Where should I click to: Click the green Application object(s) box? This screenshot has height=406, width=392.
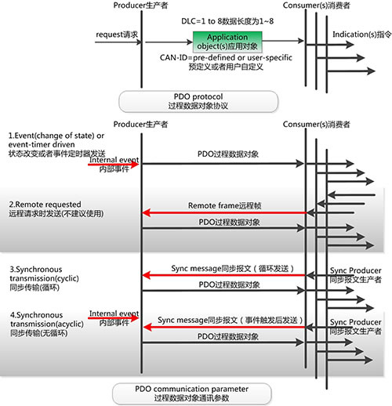click(227, 42)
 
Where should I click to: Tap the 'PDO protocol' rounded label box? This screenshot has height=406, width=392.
click(198, 101)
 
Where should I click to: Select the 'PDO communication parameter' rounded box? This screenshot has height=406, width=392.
click(192, 393)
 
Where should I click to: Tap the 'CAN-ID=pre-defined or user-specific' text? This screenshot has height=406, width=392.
click(226, 57)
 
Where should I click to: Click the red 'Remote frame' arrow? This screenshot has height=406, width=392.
click(224, 212)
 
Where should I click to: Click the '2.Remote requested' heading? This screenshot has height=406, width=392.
click(45, 205)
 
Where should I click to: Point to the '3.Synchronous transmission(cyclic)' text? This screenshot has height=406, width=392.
click(44, 274)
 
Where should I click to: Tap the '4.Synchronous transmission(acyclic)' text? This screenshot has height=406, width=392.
click(47, 320)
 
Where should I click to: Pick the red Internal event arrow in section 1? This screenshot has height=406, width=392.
click(114, 165)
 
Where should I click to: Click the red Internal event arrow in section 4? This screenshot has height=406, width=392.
click(114, 318)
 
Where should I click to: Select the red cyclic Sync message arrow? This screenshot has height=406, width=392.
click(224, 275)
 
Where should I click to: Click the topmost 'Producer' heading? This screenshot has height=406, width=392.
click(140, 5)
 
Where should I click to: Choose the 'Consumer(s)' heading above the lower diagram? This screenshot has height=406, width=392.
click(316, 125)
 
